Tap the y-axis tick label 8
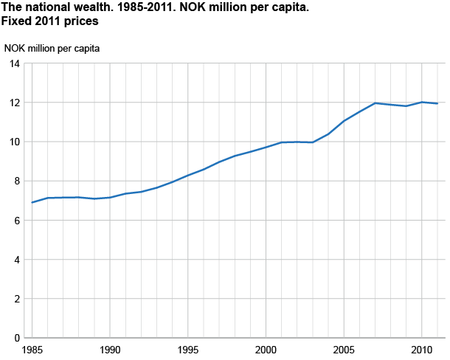pos(17,181)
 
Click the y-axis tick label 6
pos(17,221)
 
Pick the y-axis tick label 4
pos(17,260)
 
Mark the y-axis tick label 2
pos(17,299)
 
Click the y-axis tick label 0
pos(17,338)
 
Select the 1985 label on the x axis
pos(32,348)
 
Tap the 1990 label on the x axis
pos(110,348)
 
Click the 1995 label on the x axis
pos(188,348)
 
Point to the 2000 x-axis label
pos(266,348)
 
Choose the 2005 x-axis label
pos(343,348)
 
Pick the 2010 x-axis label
pos(421,348)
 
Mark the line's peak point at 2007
pos(375,103)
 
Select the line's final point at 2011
pos(437,103)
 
